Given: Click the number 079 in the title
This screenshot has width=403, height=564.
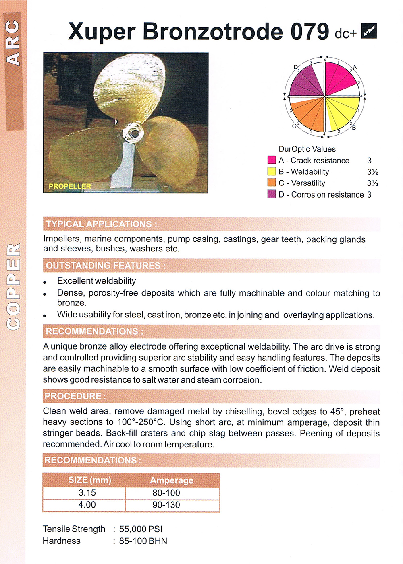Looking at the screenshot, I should pos(310,31).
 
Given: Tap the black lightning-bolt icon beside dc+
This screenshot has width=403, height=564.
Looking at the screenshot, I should pos(369,31).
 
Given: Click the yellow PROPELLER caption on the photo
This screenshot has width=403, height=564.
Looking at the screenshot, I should pos(70,186).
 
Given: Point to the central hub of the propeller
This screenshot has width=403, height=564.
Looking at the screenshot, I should pos(133,132).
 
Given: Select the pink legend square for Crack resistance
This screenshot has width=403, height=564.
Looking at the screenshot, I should pos(272,160).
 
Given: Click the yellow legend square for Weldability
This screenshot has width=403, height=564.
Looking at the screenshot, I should pos(272,171).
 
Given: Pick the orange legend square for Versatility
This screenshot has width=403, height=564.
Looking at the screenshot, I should pos(272,183).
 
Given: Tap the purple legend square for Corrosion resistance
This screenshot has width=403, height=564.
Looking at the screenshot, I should pos(272,194).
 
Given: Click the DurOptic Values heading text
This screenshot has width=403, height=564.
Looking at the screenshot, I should pos(307,149).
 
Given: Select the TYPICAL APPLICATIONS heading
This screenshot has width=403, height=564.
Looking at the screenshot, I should pos(101,224).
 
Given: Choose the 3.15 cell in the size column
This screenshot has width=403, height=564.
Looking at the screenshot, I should pos(87,493).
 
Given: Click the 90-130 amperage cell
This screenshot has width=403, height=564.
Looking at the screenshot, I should pos(166,505).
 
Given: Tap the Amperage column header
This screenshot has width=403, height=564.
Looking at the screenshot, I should pos(172,480).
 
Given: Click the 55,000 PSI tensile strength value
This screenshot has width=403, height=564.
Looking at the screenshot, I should pos(141,529).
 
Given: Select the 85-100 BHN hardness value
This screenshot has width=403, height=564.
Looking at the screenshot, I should pos(143,541).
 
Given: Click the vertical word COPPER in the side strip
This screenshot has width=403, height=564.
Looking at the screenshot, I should pos(14,286).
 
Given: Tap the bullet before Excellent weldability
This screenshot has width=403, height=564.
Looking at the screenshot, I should pos(45,282).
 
